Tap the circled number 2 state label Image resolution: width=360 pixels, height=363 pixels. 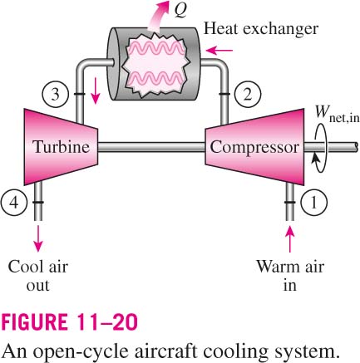click(x=248, y=94)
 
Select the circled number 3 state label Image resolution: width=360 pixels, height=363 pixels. click(x=56, y=94)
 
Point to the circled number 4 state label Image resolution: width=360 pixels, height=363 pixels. click(x=14, y=203)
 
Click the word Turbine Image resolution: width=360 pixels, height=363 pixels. click(x=62, y=147)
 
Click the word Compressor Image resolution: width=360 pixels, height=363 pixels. click(x=254, y=147)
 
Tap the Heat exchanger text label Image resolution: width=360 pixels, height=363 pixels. click(x=261, y=28)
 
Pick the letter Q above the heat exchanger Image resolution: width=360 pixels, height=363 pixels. click(x=181, y=10)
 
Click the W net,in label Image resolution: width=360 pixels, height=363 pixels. click(x=337, y=114)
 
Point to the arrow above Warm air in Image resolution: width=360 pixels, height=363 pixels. click(x=290, y=238)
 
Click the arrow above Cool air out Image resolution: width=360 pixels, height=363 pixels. click(x=38, y=238)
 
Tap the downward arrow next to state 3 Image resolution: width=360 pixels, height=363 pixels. click(x=95, y=91)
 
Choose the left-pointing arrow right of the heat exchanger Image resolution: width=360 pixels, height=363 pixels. click(x=219, y=51)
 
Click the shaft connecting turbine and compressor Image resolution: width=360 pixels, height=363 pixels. click(x=151, y=147)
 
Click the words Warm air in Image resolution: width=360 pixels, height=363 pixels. click(x=290, y=276)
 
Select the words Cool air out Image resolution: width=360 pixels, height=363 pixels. click(x=38, y=276)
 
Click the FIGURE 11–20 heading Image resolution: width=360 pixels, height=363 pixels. click(x=69, y=321)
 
